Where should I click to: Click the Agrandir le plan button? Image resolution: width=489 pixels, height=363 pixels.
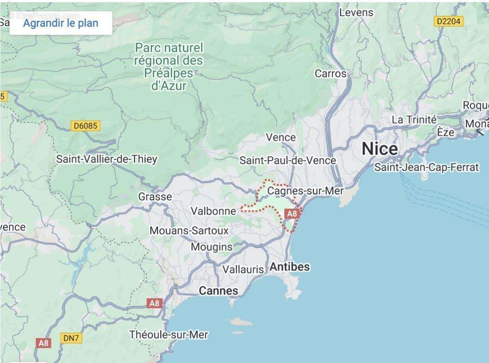(60, 23)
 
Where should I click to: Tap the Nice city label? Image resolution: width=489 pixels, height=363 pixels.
(380, 148)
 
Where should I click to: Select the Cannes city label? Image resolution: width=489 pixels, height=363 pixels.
(218, 290)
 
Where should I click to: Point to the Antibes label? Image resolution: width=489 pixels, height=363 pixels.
(290, 267)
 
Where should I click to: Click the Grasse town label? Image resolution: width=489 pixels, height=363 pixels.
(155, 196)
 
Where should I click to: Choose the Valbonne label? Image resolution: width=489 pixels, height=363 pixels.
(213, 211)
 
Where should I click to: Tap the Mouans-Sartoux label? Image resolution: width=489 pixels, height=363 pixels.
(189, 231)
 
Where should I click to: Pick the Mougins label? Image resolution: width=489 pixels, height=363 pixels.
(212, 247)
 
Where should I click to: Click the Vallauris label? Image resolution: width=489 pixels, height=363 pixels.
(243, 269)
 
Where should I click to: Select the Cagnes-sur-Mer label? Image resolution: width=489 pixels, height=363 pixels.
(305, 191)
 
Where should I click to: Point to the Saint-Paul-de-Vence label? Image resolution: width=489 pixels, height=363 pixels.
(287, 160)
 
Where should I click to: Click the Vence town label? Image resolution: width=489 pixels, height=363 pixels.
(280, 137)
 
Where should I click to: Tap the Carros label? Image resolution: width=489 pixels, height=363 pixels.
(331, 74)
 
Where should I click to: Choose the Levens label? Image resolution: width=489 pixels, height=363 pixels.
(356, 13)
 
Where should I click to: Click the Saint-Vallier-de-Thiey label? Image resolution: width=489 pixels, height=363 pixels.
(106, 159)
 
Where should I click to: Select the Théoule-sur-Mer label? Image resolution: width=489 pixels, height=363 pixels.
(168, 335)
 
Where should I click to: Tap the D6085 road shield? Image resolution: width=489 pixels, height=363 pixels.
(85, 126)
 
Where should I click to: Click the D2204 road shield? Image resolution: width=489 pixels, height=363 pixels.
(448, 21)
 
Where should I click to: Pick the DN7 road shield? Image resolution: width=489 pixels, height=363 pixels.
(71, 338)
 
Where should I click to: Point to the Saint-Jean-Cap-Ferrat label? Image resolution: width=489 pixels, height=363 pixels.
(426, 167)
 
